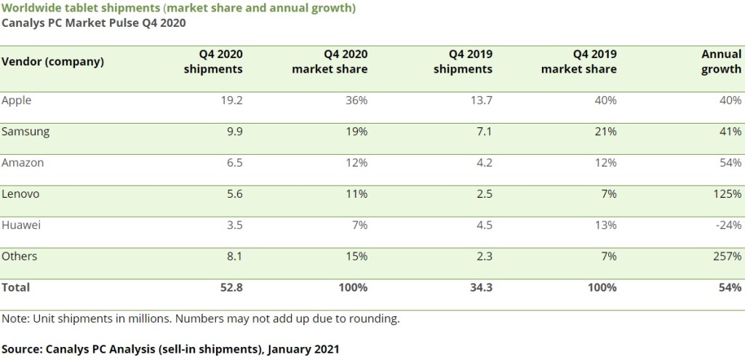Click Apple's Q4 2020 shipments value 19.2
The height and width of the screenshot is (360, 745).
click(x=231, y=100)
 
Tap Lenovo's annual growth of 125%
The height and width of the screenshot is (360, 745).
click(x=726, y=194)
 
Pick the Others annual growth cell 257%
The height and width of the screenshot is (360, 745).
click(x=726, y=257)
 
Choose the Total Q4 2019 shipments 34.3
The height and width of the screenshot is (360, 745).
click(x=479, y=287)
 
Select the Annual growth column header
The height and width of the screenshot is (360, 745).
click(x=721, y=62)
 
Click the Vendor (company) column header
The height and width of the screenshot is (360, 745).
click(x=52, y=61)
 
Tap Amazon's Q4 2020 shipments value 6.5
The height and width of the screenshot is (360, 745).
click(x=234, y=163)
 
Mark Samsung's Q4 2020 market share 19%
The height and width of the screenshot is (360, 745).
click(x=356, y=132)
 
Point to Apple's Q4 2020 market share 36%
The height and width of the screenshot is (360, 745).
click(x=356, y=100)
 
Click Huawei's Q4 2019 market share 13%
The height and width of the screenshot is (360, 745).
click(x=605, y=225)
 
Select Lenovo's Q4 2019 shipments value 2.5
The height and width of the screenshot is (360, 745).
click(x=484, y=194)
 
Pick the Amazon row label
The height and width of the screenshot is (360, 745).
click(x=23, y=163)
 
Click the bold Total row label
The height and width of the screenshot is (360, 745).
click(x=15, y=287)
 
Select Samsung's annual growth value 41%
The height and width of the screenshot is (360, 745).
click(x=729, y=132)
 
